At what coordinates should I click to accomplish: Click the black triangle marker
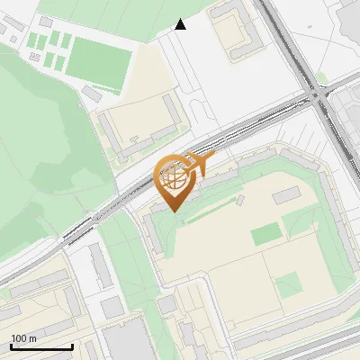click(181, 24)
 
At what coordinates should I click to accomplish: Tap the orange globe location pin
click(175, 179)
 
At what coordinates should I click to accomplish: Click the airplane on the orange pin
click(198, 164)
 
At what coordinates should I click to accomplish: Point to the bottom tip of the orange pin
click(175, 211)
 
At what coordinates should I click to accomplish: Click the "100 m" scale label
click(23, 338)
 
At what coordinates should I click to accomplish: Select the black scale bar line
click(41, 346)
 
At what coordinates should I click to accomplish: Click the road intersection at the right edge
click(318, 94)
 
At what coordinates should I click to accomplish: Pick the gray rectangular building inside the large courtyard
click(287, 194)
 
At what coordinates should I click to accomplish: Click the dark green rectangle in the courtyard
click(265, 235)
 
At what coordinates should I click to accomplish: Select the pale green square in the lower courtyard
click(289, 285)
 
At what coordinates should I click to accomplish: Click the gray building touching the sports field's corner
click(92, 93)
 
